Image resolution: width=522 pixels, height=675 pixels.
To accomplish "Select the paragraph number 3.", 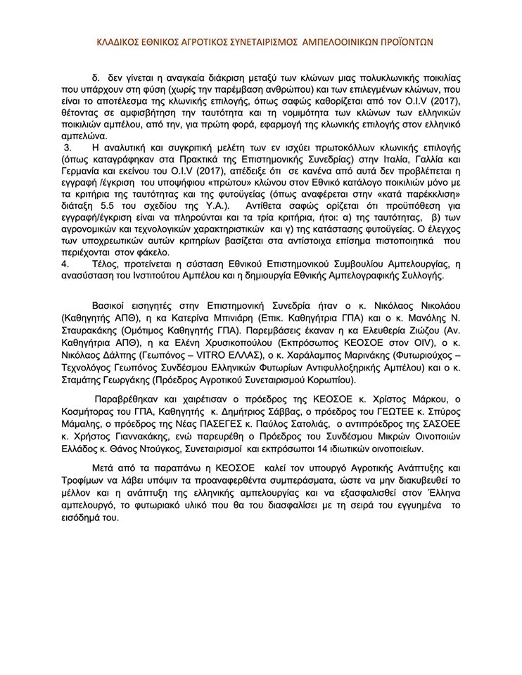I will coord(68,147).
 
